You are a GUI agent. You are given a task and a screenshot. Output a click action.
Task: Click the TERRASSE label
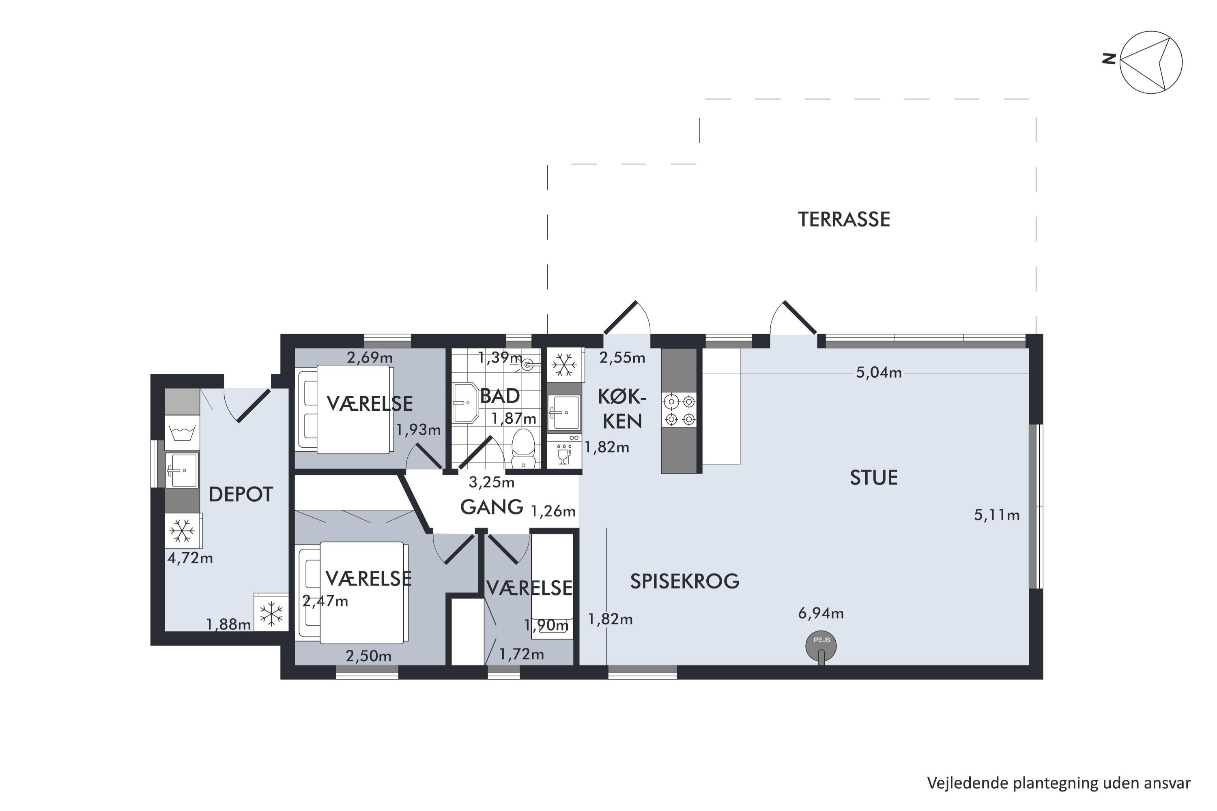(x=844, y=220)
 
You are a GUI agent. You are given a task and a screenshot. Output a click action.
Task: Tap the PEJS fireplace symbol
(x=821, y=646)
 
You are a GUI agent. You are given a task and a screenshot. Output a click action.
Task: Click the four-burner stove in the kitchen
(x=679, y=410)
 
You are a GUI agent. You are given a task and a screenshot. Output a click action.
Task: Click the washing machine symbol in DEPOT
(x=182, y=432)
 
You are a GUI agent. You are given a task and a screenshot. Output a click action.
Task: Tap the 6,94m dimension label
(x=821, y=614)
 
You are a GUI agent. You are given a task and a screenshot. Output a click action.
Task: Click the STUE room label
(x=874, y=478)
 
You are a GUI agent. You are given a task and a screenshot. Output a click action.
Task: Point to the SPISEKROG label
(x=685, y=582)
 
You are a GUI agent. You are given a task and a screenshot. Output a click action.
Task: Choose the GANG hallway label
(x=492, y=507)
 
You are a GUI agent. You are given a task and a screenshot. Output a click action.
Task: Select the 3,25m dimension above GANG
(x=492, y=483)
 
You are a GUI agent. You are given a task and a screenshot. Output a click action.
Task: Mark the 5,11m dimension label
(x=997, y=515)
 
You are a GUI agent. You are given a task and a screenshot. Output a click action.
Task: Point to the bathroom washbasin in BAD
(x=465, y=403)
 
